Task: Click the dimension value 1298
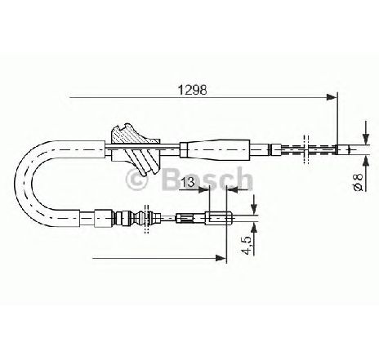coord(192,90)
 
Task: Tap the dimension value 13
coord(187,182)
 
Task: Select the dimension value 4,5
coord(247,245)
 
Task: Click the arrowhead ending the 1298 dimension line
coord(332,97)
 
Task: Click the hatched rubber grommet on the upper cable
coord(135,149)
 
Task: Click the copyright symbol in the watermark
coord(136,180)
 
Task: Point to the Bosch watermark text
coord(207,179)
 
